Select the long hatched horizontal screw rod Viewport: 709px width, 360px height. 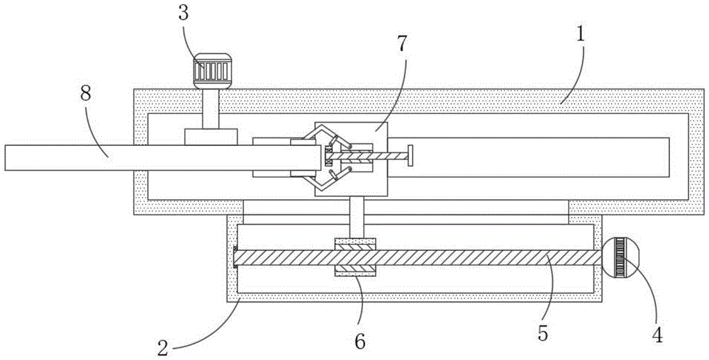(x=461, y=258)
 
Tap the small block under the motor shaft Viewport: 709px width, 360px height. (x=210, y=136)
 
